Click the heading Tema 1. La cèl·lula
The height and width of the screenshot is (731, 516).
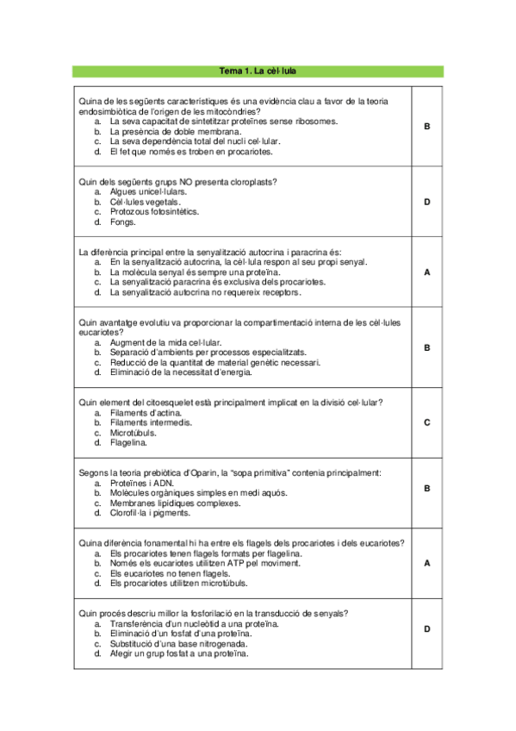pos(258,71)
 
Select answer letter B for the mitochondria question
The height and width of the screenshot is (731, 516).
pos(427,127)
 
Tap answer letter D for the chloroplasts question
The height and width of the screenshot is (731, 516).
pos(427,202)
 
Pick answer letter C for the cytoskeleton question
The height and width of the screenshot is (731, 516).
pos(427,422)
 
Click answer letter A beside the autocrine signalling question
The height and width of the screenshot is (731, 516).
pos(427,272)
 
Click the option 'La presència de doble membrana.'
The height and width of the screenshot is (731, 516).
pos(173,131)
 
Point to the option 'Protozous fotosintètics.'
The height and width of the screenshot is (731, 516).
pos(154,211)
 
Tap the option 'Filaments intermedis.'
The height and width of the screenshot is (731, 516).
pos(151,422)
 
